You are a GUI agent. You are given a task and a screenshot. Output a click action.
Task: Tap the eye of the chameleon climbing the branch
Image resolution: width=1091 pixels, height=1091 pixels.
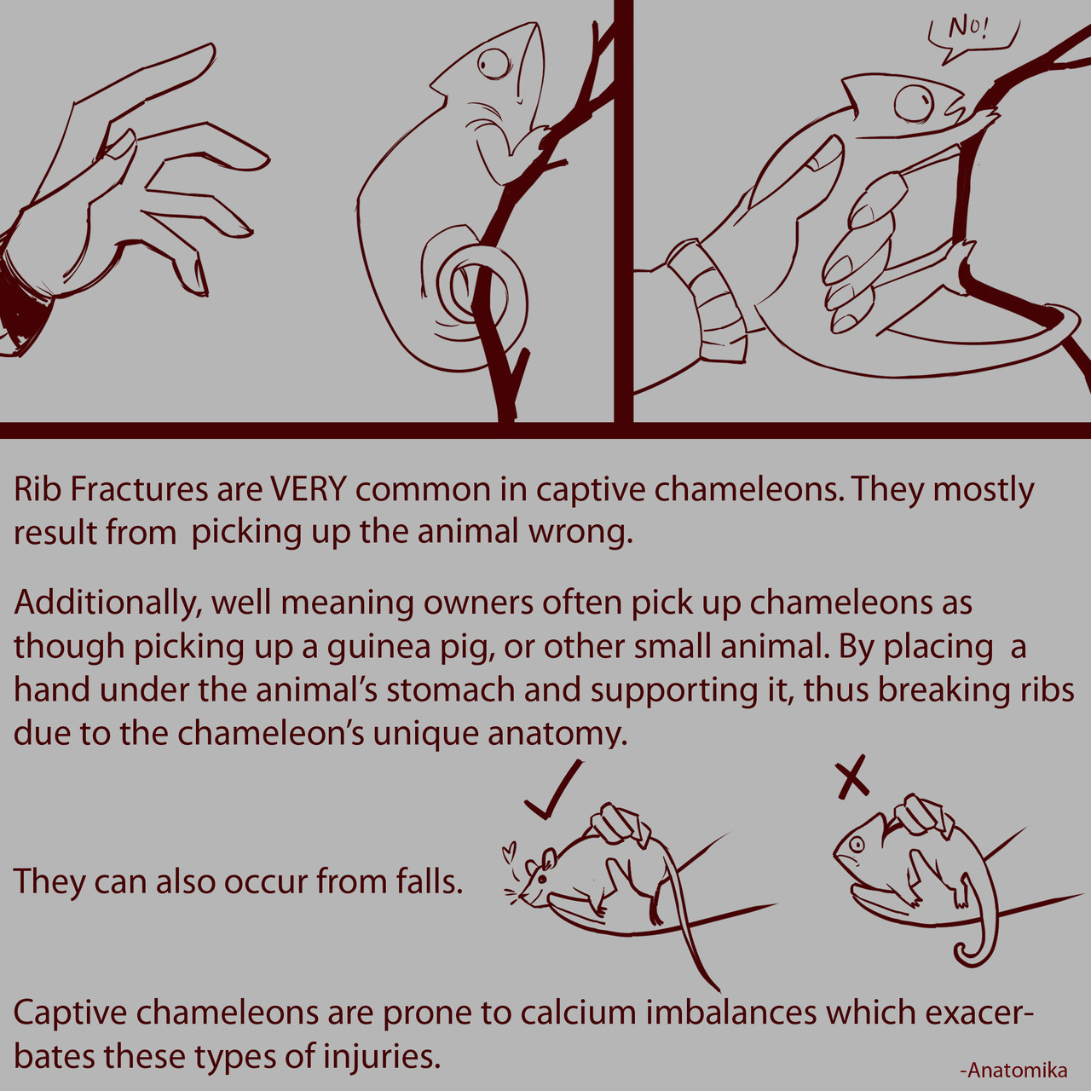tap(494, 64)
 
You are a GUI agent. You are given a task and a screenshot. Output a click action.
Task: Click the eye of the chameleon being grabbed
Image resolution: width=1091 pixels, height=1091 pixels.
tap(913, 104)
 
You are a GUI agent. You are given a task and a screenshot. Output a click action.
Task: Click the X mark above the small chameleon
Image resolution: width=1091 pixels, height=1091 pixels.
tap(852, 776)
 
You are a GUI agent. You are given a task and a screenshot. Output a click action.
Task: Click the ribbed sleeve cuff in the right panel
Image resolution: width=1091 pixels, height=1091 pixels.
tap(707, 300)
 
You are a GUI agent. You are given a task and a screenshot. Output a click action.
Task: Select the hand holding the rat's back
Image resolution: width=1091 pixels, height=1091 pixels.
tap(620, 824)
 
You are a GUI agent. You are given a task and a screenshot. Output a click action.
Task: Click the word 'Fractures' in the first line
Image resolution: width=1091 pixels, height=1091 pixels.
tap(139, 490)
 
